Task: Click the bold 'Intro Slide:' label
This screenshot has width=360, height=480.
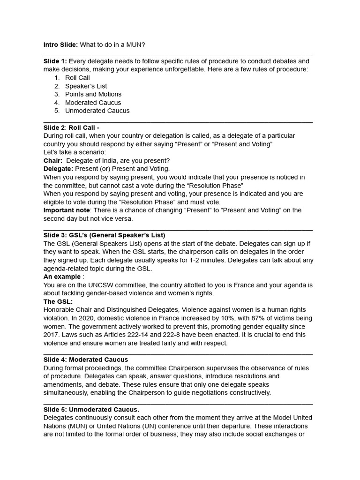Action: [x=60, y=45]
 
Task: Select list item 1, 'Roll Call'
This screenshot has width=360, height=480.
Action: [x=77, y=78]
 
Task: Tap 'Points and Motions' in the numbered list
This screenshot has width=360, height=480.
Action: [x=93, y=94]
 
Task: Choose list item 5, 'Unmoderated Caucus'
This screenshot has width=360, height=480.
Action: [x=97, y=111]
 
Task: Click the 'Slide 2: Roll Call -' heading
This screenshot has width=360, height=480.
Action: [x=71, y=127]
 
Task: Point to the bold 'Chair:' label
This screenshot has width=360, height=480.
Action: [x=53, y=161]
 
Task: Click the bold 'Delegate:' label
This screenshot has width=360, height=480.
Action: [x=58, y=169]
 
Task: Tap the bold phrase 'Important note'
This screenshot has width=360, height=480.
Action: [x=66, y=210]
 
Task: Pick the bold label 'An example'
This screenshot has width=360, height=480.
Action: [x=62, y=277]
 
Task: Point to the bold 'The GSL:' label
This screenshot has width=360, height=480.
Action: [x=58, y=301]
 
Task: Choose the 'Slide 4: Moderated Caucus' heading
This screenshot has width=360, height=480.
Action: [x=86, y=360]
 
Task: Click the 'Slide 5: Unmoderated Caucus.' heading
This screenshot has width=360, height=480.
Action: [x=91, y=409]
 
